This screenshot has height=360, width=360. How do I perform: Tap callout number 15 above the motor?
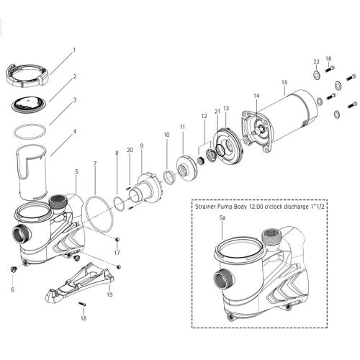pyautogui.click(x=284, y=83)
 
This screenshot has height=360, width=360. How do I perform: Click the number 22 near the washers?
pyautogui.click(x=316, y=61)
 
